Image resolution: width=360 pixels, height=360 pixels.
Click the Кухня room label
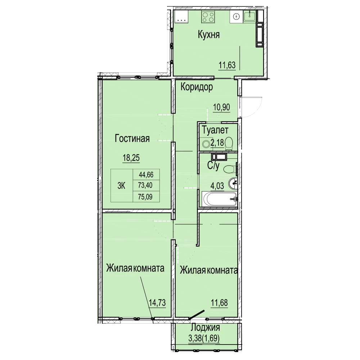coord(209,35)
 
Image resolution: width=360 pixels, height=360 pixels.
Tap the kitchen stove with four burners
coord(208,17)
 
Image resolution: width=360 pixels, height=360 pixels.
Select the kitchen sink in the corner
coord(250,17)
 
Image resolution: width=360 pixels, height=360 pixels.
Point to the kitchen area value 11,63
coord(227,65)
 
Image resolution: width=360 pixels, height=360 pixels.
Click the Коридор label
coord(197,87)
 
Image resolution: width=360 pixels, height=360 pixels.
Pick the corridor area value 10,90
coord(221,107)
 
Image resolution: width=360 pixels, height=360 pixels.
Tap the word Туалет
coord(215,130)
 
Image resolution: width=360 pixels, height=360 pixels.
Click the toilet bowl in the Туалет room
coord(229,143)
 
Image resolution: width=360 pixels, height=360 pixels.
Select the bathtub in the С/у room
coord(219,199)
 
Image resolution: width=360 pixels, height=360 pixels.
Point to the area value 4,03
coord(217,186)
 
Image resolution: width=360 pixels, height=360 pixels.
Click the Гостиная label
coord(132,139)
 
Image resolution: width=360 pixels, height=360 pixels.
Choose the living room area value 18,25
coord(131,158)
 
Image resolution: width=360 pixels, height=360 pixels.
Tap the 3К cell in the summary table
coord(121,185)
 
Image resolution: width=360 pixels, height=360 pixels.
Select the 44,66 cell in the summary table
coord(146,175)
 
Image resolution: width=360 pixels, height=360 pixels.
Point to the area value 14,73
coord(157,303)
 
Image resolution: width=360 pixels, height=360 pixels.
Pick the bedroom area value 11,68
coord(219,303)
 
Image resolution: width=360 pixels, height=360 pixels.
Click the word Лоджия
coord(206,327)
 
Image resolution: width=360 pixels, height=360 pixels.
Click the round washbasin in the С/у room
coord(233,183)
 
